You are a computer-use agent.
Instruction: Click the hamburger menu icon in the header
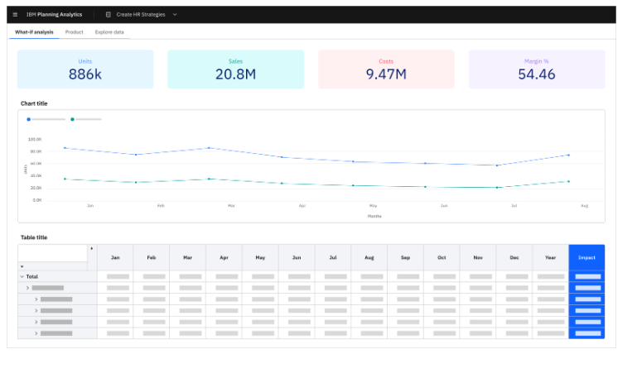coord(15,15)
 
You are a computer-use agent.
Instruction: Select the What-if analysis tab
coord(34,32)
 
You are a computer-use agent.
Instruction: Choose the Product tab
coord(74,32)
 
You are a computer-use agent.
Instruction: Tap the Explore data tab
coord(109,32)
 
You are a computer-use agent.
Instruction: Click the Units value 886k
coord(85,74)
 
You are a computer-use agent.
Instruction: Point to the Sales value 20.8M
coord(235,74)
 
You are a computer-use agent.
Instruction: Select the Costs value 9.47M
coord(386,74)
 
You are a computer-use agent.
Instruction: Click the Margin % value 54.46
coord(536,74)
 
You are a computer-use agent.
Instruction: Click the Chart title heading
coord(34,103)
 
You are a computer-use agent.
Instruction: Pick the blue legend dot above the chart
coord(29,119)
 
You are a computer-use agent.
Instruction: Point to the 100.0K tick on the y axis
coord(35,140)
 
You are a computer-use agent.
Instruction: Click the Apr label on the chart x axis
coord(302,205)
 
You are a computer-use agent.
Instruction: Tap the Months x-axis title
coord(374,216)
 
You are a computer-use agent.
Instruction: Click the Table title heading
coord(34,237)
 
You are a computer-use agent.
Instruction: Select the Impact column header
coord(586,257)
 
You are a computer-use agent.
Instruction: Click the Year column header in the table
coord(550,257)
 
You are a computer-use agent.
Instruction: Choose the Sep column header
coord(405,257)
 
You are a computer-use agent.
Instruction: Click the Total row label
coord(32,276)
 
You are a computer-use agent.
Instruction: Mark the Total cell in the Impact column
coord(586,276)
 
